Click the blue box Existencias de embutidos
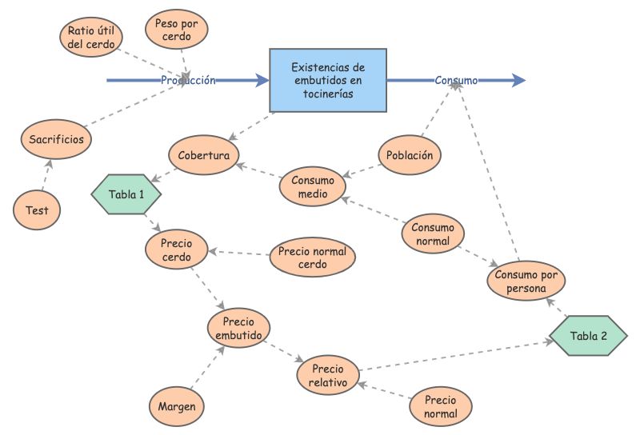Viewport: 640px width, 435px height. pos(328,80)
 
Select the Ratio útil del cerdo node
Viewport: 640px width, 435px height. pos(90,37)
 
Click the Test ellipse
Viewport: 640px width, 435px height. pos(37,211)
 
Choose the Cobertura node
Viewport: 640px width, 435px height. pos(204,155)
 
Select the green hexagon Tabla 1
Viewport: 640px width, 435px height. pos(126,193)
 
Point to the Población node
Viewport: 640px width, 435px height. pos(410,155)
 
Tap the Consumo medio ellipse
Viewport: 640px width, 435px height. pos(312,186)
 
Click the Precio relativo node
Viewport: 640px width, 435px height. pos(328,375)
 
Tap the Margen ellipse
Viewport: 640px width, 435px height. pos(177,407)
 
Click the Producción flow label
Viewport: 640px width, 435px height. pos(188,80)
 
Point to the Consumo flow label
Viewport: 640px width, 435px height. pos(456,80)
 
